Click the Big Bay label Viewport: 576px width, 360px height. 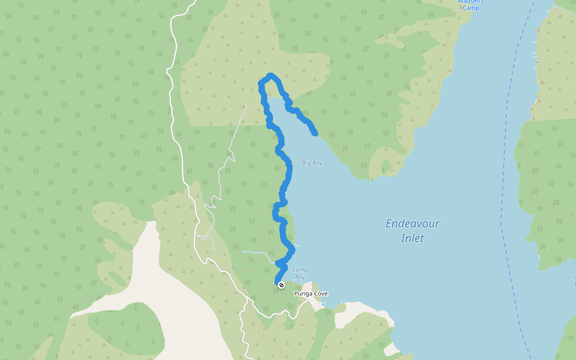[x=312, y=163]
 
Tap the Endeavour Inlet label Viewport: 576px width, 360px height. [x=412, y=231]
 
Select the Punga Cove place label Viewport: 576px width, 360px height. [x=311, y=294]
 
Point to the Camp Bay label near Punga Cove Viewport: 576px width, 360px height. [x=300, y=274]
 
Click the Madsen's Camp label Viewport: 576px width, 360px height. [x=470, y=4]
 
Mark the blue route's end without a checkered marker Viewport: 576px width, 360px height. [x=314, y=133]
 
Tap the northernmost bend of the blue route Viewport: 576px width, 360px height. [x=271, y=76]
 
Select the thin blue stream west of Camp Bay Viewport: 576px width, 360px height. [x=255, y=253]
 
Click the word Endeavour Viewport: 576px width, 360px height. [x=412, y=224]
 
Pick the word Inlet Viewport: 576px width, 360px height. [x=412, y=238]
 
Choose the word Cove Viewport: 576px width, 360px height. [x=320, y=294]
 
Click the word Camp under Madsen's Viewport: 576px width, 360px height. [x=470, y=8]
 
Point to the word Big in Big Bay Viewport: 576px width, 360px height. [x=307, y=163]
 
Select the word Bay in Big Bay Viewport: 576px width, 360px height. [x=317, y=163]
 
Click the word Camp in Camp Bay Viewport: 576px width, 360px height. [x=300, y=270]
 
